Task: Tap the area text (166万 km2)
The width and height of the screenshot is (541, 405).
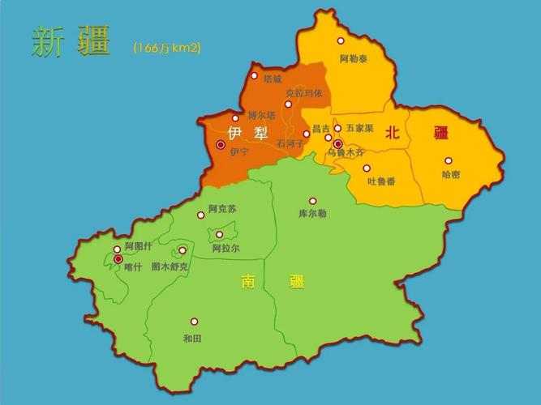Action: [x=167, y=48]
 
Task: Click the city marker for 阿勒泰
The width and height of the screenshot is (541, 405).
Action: [x=341, y=40]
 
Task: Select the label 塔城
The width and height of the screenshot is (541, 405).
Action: [x=273, y=79]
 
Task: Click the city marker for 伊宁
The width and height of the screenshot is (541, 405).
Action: [x=221, y=144]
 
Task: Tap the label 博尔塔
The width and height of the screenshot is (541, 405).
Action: [x=262, y=115]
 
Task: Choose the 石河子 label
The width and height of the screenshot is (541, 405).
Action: [x=290, y=143]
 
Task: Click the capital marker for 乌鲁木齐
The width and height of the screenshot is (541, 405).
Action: [x=338, y=143]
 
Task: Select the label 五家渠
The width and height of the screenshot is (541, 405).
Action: [x=359, y=128]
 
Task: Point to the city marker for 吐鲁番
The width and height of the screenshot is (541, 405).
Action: [x=367, y=168]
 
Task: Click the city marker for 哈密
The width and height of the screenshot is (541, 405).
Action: [x=448, y=160]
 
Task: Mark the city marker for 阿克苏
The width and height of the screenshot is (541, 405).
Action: [x=201, y=215]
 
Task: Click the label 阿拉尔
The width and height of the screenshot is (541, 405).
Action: [x=226, y=249]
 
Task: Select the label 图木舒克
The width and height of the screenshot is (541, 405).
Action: [x=170, y=266]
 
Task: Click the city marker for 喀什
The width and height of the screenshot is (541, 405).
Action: [x=118, y=259]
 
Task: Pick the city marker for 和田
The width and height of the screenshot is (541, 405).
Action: [x=194, y=322]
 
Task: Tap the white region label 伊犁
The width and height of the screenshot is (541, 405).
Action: [x=247, y=132]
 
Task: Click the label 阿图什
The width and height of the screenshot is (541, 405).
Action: [x=138, y=246]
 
